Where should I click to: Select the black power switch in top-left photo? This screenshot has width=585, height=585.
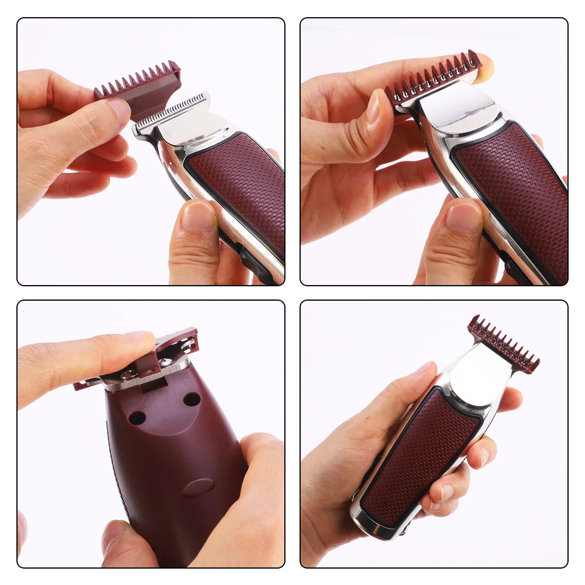250,262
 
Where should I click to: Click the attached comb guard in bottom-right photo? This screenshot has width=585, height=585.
503,343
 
